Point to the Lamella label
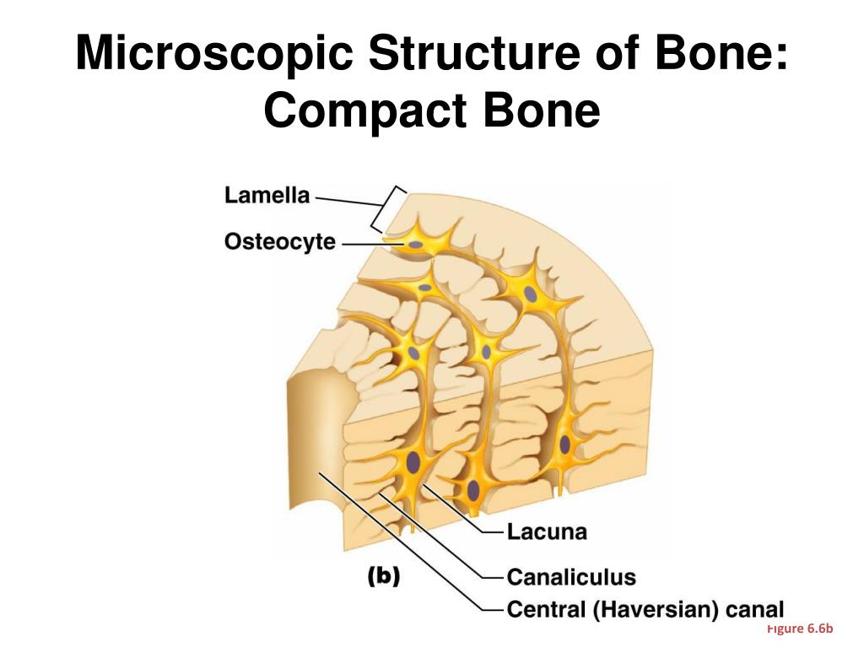click(267, 196)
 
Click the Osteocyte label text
click(279, 242)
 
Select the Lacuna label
click(546, 532)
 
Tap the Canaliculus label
click(570, 577)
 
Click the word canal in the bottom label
click(755, 608)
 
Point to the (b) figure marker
click(384, 575)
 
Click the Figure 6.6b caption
click(799, 629)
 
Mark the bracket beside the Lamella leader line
click(387, 209)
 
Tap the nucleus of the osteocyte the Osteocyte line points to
click(416, 246)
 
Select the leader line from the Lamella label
click(346, 201)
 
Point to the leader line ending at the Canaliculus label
click(439, 540)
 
